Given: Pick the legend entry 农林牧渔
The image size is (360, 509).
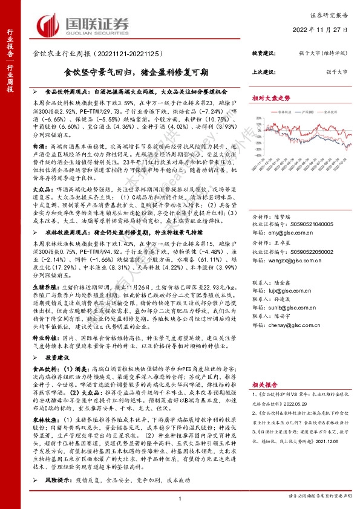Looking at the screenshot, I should pyautogui.click(x=281, y=112).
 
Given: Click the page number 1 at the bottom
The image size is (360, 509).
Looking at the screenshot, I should pyautogui.click(x=180, y=498).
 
